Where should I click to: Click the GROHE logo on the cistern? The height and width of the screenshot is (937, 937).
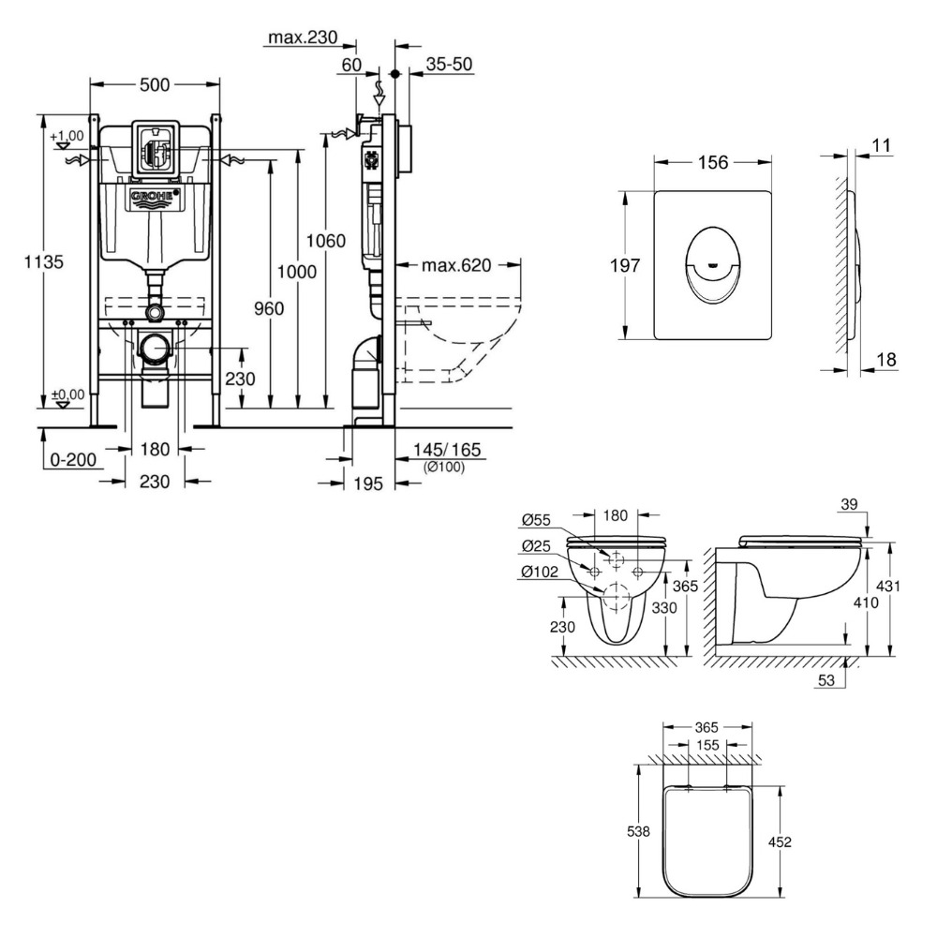click(x=154, y=198)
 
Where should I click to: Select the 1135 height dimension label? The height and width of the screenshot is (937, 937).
click(x=43, y=263)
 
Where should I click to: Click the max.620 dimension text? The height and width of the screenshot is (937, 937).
click(x=456, y=265)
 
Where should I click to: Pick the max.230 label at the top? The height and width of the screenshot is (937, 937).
click(x=302, y=38)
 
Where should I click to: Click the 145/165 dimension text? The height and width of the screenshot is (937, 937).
click(x=446, y=451)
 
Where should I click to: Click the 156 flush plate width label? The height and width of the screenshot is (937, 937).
click(x=713, y=162)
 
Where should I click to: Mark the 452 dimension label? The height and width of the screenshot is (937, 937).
click(x=780, y=841)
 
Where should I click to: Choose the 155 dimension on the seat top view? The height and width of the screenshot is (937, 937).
click(x=707, y=746)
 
